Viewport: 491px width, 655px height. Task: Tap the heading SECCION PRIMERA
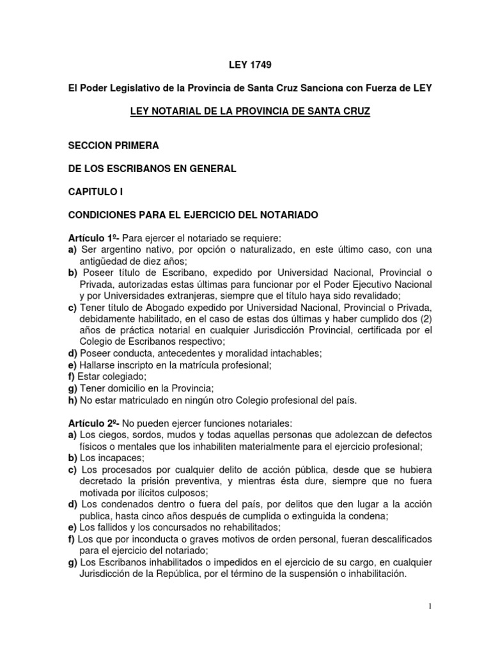[114, 145]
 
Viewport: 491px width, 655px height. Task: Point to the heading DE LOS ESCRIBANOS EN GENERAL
[152, 168]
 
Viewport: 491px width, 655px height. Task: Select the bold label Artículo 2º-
[93, 424]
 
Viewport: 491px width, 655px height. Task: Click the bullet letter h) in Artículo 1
[72, 400]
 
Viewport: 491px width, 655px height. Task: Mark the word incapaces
[122, 459]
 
